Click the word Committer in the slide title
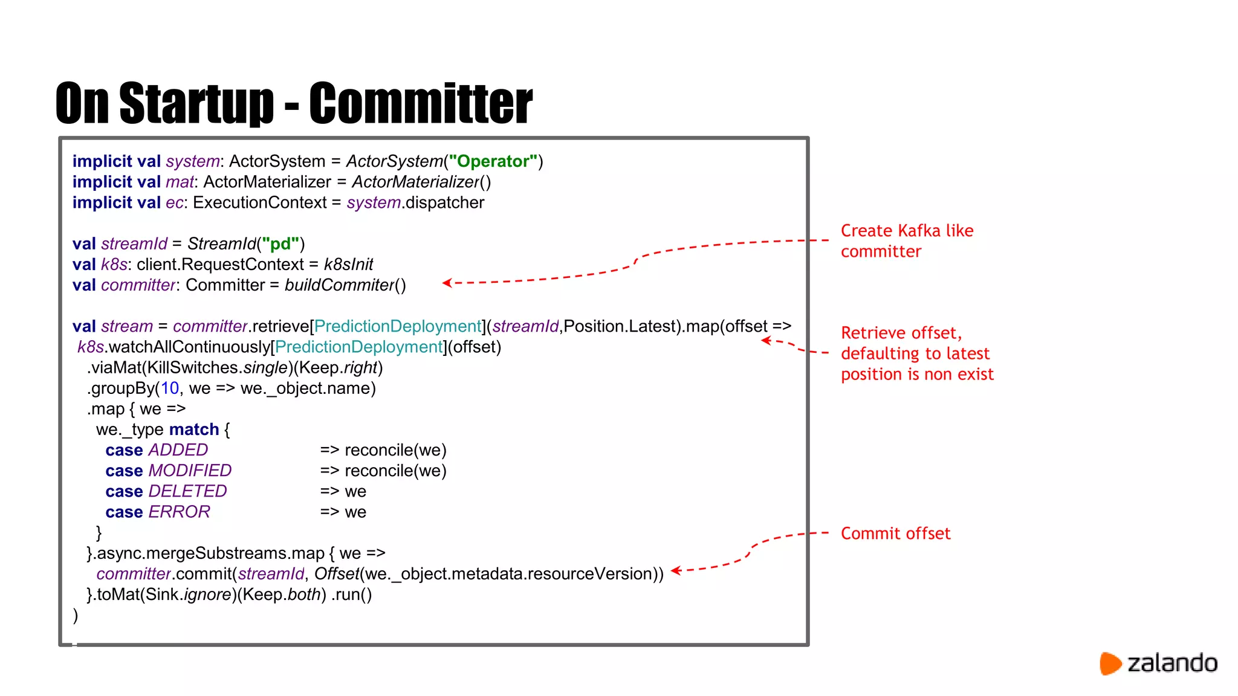tap(421, 103)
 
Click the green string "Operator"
tap(493, 161)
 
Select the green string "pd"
tap(280, 244)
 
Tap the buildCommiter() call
tap(345, 285)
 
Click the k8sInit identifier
tap(348, 265)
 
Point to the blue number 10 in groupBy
tap(170, 388)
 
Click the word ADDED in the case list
tap(178, 450)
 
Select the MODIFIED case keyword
tap(190, 471)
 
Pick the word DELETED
tap(187, 491)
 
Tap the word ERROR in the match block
tap(179, 512)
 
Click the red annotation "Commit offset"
tap(895, 533)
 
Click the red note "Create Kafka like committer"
tap(906, 241)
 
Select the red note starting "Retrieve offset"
tap(916, 353)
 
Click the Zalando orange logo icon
tap(1110, 663)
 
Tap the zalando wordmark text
tap(1172, 663)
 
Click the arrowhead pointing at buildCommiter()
tap(447, 283)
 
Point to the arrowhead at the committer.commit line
tap(676, 570)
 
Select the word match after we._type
tap(194, 430)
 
